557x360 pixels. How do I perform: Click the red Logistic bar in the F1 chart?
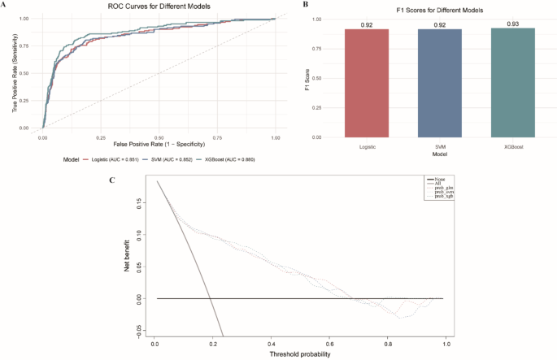pyautogui.click(x=367, y=84)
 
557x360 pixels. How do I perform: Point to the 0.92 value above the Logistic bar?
pyautogui.click(x=367, y=24)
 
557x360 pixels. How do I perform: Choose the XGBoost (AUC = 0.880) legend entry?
pyautogui.click(x=229, y=159)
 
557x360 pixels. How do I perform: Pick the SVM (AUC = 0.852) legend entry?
pyautogui.click(x=163, y=159)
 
